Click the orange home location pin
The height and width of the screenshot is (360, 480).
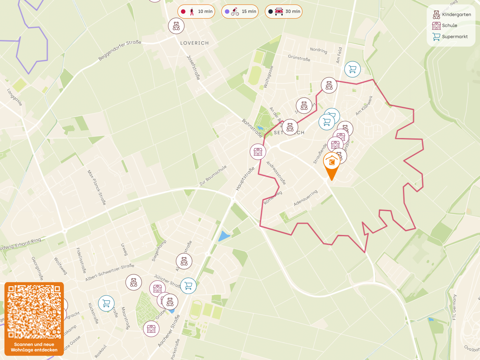coord(332,163)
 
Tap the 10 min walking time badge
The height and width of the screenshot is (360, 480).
coord(196,12)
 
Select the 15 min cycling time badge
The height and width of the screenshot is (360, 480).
coord(240,12)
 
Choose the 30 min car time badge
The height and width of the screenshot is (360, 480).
coord(284,12)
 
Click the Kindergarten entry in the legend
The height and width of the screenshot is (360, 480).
coord(452,14)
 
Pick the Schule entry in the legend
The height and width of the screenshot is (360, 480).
coord(445,25)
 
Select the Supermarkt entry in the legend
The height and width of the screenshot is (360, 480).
coord(450,37)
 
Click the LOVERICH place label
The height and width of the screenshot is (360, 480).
coord(194,43)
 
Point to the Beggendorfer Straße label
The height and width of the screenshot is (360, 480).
coord(120,50)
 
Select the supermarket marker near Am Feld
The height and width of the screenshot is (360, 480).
coord(352,69)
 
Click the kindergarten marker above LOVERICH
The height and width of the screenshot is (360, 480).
coord(176,26)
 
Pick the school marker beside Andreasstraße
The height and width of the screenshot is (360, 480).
coord(258,152)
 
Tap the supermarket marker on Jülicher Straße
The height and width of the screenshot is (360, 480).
coord(188,286)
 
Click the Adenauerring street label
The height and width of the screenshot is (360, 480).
coord(305,198)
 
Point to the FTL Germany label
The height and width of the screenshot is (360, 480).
coord(455,307)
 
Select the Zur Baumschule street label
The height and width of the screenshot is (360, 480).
coord(213,176)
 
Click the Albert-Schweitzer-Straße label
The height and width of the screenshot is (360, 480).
coord(110,273)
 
